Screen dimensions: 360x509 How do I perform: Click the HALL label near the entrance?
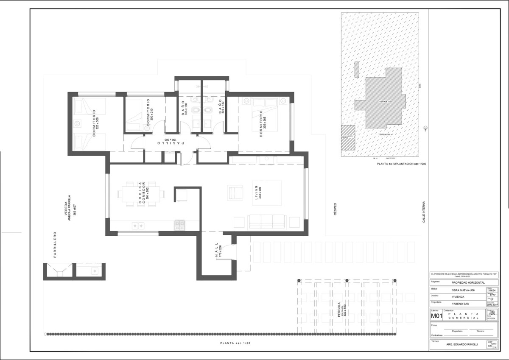point(218,251)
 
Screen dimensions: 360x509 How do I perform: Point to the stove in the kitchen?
point(180,225)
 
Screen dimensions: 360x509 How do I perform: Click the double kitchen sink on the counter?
point(138,226)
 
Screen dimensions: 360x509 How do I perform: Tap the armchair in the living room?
point(235,192)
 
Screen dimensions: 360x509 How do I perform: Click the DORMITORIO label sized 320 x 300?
point(95,123)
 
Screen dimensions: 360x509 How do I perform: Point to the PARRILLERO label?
point(55,245)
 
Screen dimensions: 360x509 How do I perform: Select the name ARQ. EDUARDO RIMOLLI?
point(459,344)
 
